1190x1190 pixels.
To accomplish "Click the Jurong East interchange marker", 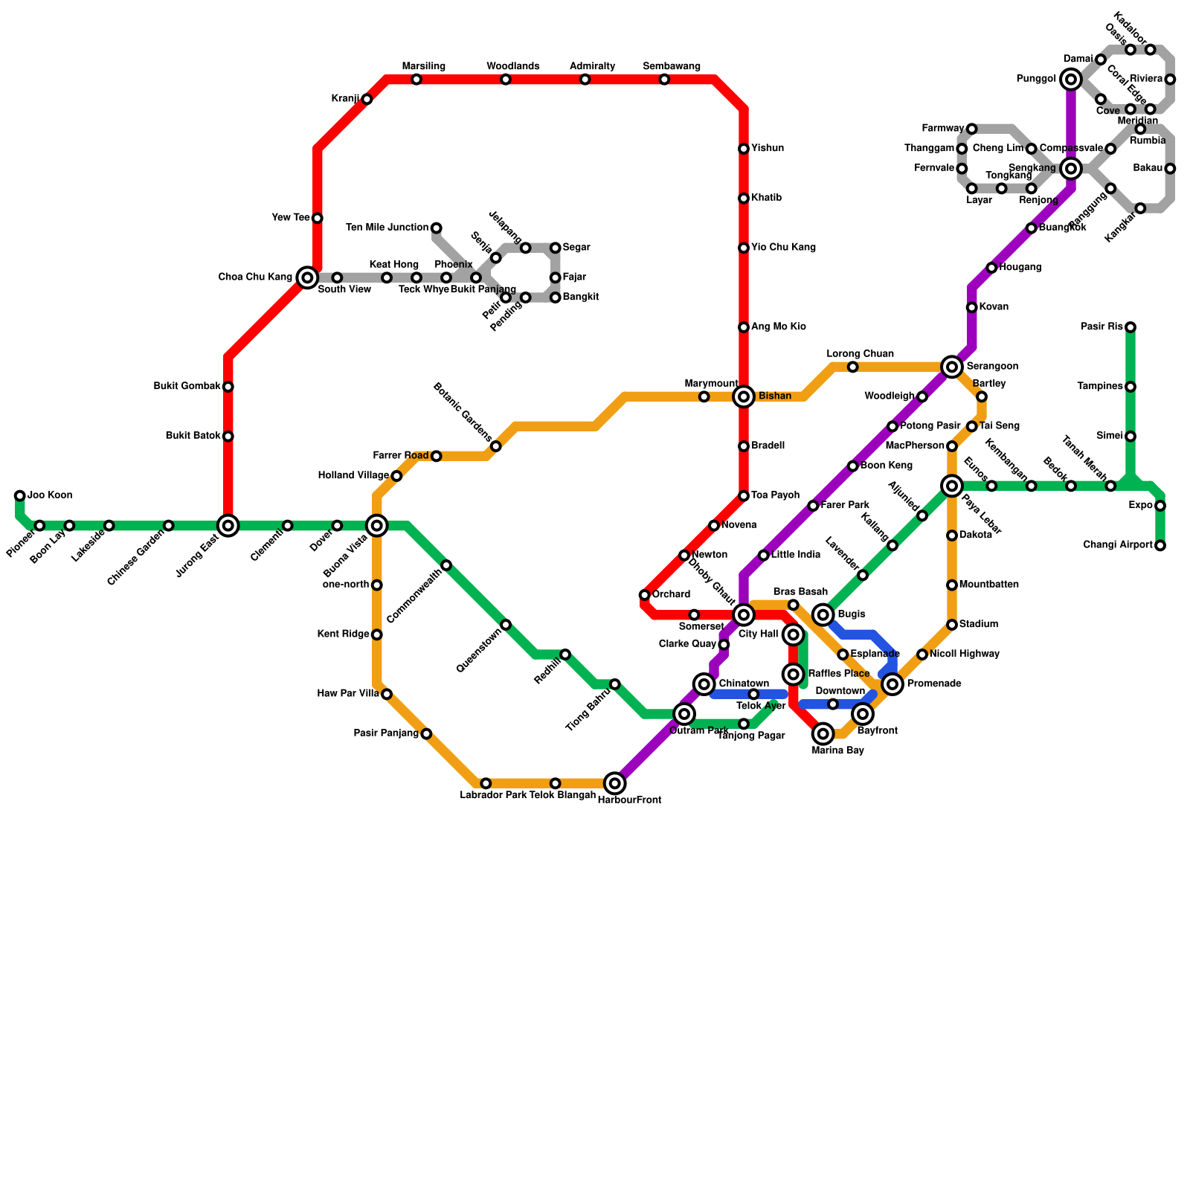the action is (228, 526).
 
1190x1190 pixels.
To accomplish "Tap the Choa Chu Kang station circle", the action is (307, 277).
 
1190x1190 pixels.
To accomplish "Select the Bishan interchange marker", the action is (744, 396).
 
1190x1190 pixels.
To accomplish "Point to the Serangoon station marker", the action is (952, 367).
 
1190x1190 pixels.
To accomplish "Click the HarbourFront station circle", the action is (615, 782).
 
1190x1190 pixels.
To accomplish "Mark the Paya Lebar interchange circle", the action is (952, 486).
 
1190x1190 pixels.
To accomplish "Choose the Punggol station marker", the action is (1071, 79).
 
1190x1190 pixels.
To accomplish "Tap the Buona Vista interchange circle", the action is (377, 526).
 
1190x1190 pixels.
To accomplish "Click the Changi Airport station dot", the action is (1160, 545).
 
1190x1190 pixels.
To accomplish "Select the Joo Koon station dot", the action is (20, 495).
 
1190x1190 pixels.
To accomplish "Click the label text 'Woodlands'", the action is (512, 66).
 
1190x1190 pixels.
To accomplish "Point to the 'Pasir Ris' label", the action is (1102, 327).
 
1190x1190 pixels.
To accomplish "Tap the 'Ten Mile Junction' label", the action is (387, 228).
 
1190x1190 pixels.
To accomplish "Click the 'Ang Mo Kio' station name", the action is (778, 327).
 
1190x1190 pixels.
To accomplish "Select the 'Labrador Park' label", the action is (493, 795).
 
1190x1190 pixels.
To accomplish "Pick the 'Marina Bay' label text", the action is (838, 750).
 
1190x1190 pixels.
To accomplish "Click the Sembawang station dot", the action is (664, 80).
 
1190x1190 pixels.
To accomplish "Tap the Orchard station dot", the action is (644, 595).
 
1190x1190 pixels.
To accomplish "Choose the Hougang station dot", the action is (991, 268).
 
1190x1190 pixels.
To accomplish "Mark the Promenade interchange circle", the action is (892, 684).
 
